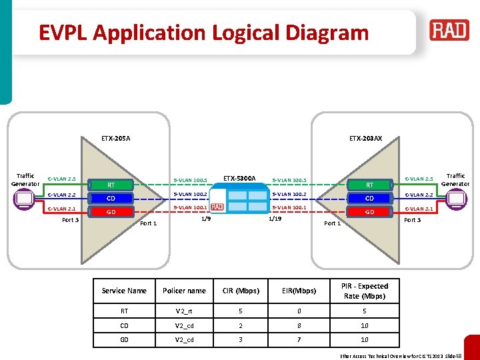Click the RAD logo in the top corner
(x=449, y=31)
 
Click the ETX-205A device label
(x=116, y=139)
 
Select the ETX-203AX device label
(x=366, y=139)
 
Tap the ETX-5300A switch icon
(x=239, y=198)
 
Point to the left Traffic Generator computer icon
(x=24, y=199)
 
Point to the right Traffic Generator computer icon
(x=457, y=199)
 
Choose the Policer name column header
(x=184, y=291)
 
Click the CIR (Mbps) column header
(x=241, y=291)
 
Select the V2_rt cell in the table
(x=184, y=310)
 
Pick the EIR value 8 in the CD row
(x=299, y=325)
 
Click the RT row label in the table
(x=124, y=310)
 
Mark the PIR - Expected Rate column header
(x=364, y=291)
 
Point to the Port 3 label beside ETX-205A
(x=70, y=220)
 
